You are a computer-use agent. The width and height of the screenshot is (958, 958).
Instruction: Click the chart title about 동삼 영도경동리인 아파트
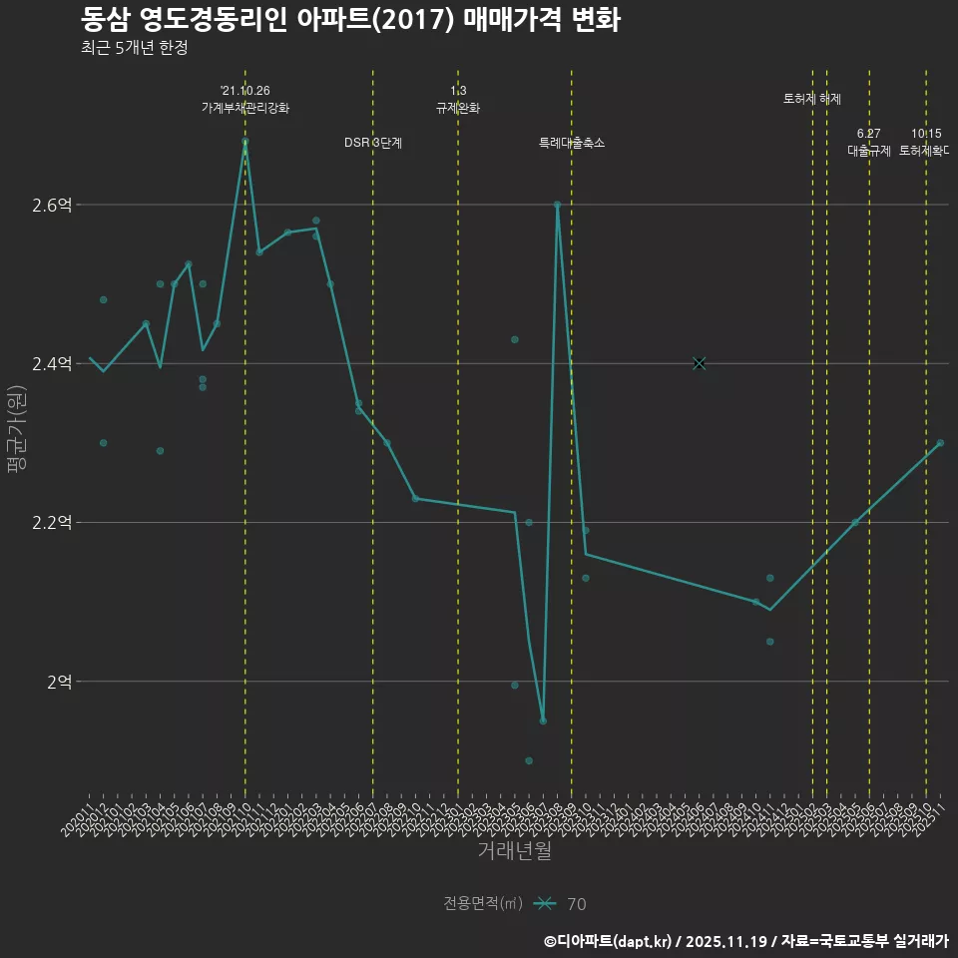350,19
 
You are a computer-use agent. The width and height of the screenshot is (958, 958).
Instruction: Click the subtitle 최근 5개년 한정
134,47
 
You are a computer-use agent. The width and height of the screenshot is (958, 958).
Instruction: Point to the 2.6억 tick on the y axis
52,206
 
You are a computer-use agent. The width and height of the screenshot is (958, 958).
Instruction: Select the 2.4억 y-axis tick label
52,364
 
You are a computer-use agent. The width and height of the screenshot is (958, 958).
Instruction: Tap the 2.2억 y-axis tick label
52,523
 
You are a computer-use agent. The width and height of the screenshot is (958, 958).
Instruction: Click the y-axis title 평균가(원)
17,419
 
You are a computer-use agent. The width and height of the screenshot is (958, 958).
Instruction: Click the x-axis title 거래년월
514,851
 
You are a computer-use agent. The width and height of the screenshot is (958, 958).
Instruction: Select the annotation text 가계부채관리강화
245,108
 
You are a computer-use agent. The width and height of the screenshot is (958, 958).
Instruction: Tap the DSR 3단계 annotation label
373,143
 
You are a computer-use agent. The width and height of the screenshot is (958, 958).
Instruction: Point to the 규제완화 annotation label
458,108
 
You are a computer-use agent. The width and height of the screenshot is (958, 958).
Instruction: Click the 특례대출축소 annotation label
572,143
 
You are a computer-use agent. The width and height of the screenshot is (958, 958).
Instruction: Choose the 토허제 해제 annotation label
812,99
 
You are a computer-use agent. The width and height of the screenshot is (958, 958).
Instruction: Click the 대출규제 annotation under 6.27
869,151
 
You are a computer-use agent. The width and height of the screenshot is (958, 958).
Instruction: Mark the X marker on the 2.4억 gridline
699,363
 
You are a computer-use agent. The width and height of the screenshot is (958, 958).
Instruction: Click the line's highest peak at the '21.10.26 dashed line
245,141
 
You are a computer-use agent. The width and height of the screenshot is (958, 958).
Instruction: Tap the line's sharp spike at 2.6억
557,205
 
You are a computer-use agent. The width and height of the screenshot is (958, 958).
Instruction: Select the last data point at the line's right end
940,443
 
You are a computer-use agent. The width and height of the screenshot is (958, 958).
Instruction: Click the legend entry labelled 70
576,904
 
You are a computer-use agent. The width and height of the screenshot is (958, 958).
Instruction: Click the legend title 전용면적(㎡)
483,903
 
